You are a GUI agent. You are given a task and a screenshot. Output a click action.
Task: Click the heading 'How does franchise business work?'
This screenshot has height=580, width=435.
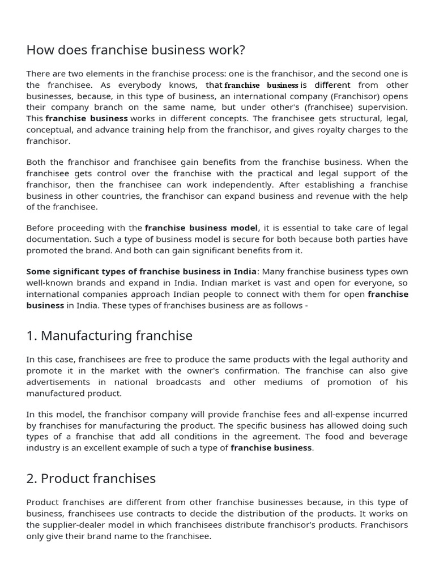[135, 50]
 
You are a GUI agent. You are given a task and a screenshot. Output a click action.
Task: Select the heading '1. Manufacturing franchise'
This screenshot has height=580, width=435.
[109, 336]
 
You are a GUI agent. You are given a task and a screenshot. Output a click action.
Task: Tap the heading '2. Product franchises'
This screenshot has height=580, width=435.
[91, 479]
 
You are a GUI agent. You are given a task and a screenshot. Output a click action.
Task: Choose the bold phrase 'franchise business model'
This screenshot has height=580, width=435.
[201, 228]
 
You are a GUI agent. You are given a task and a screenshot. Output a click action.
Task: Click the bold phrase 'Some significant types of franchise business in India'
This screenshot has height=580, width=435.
[141, 271]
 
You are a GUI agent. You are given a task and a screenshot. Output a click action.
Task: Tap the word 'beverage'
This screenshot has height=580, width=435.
[389, 437]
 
